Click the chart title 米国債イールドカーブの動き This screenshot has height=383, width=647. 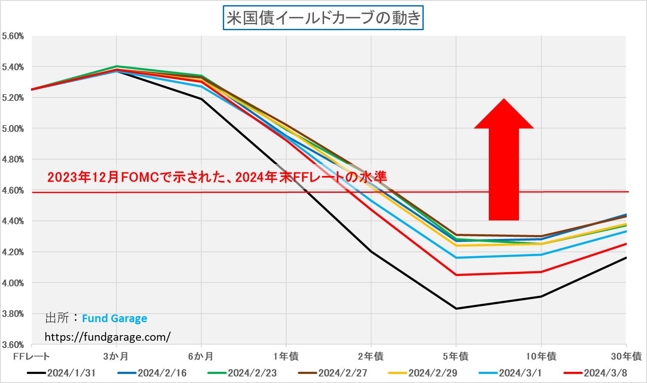click(x=323, y=18)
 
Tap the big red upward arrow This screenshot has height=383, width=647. click(x=503, y=164)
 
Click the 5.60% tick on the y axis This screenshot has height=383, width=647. click(x=13, y=36)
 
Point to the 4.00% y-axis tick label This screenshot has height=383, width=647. click(x=13, y=283)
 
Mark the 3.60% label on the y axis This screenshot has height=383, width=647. click(x=13, y=345)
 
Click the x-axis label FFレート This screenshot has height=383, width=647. click(x=31, y=357)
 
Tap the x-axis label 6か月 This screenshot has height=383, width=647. click(x=201, y=357)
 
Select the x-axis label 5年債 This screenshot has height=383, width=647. click(x=456, y=357)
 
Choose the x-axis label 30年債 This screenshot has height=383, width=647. click(x=626, y=357)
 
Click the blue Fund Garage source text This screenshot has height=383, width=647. click(x=114, y=319)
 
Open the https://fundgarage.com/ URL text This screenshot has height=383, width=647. click(x=107, y=337)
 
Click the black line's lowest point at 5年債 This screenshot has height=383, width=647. click(x=456, y=308)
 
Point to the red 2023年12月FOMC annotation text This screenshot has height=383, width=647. click(x=217, y=177)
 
